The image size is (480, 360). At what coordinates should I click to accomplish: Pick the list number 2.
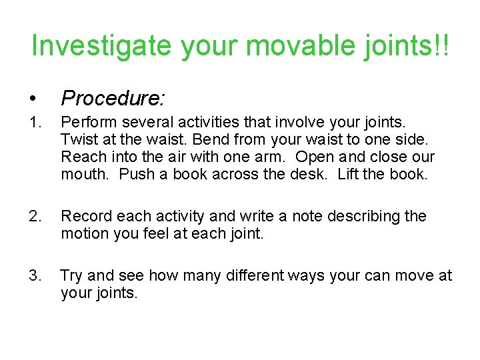coord(37,216)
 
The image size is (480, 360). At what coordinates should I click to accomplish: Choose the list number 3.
coord(37,275)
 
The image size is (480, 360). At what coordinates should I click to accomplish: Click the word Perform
coord(87,123)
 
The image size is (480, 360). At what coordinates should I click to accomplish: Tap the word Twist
coord(78,140)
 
